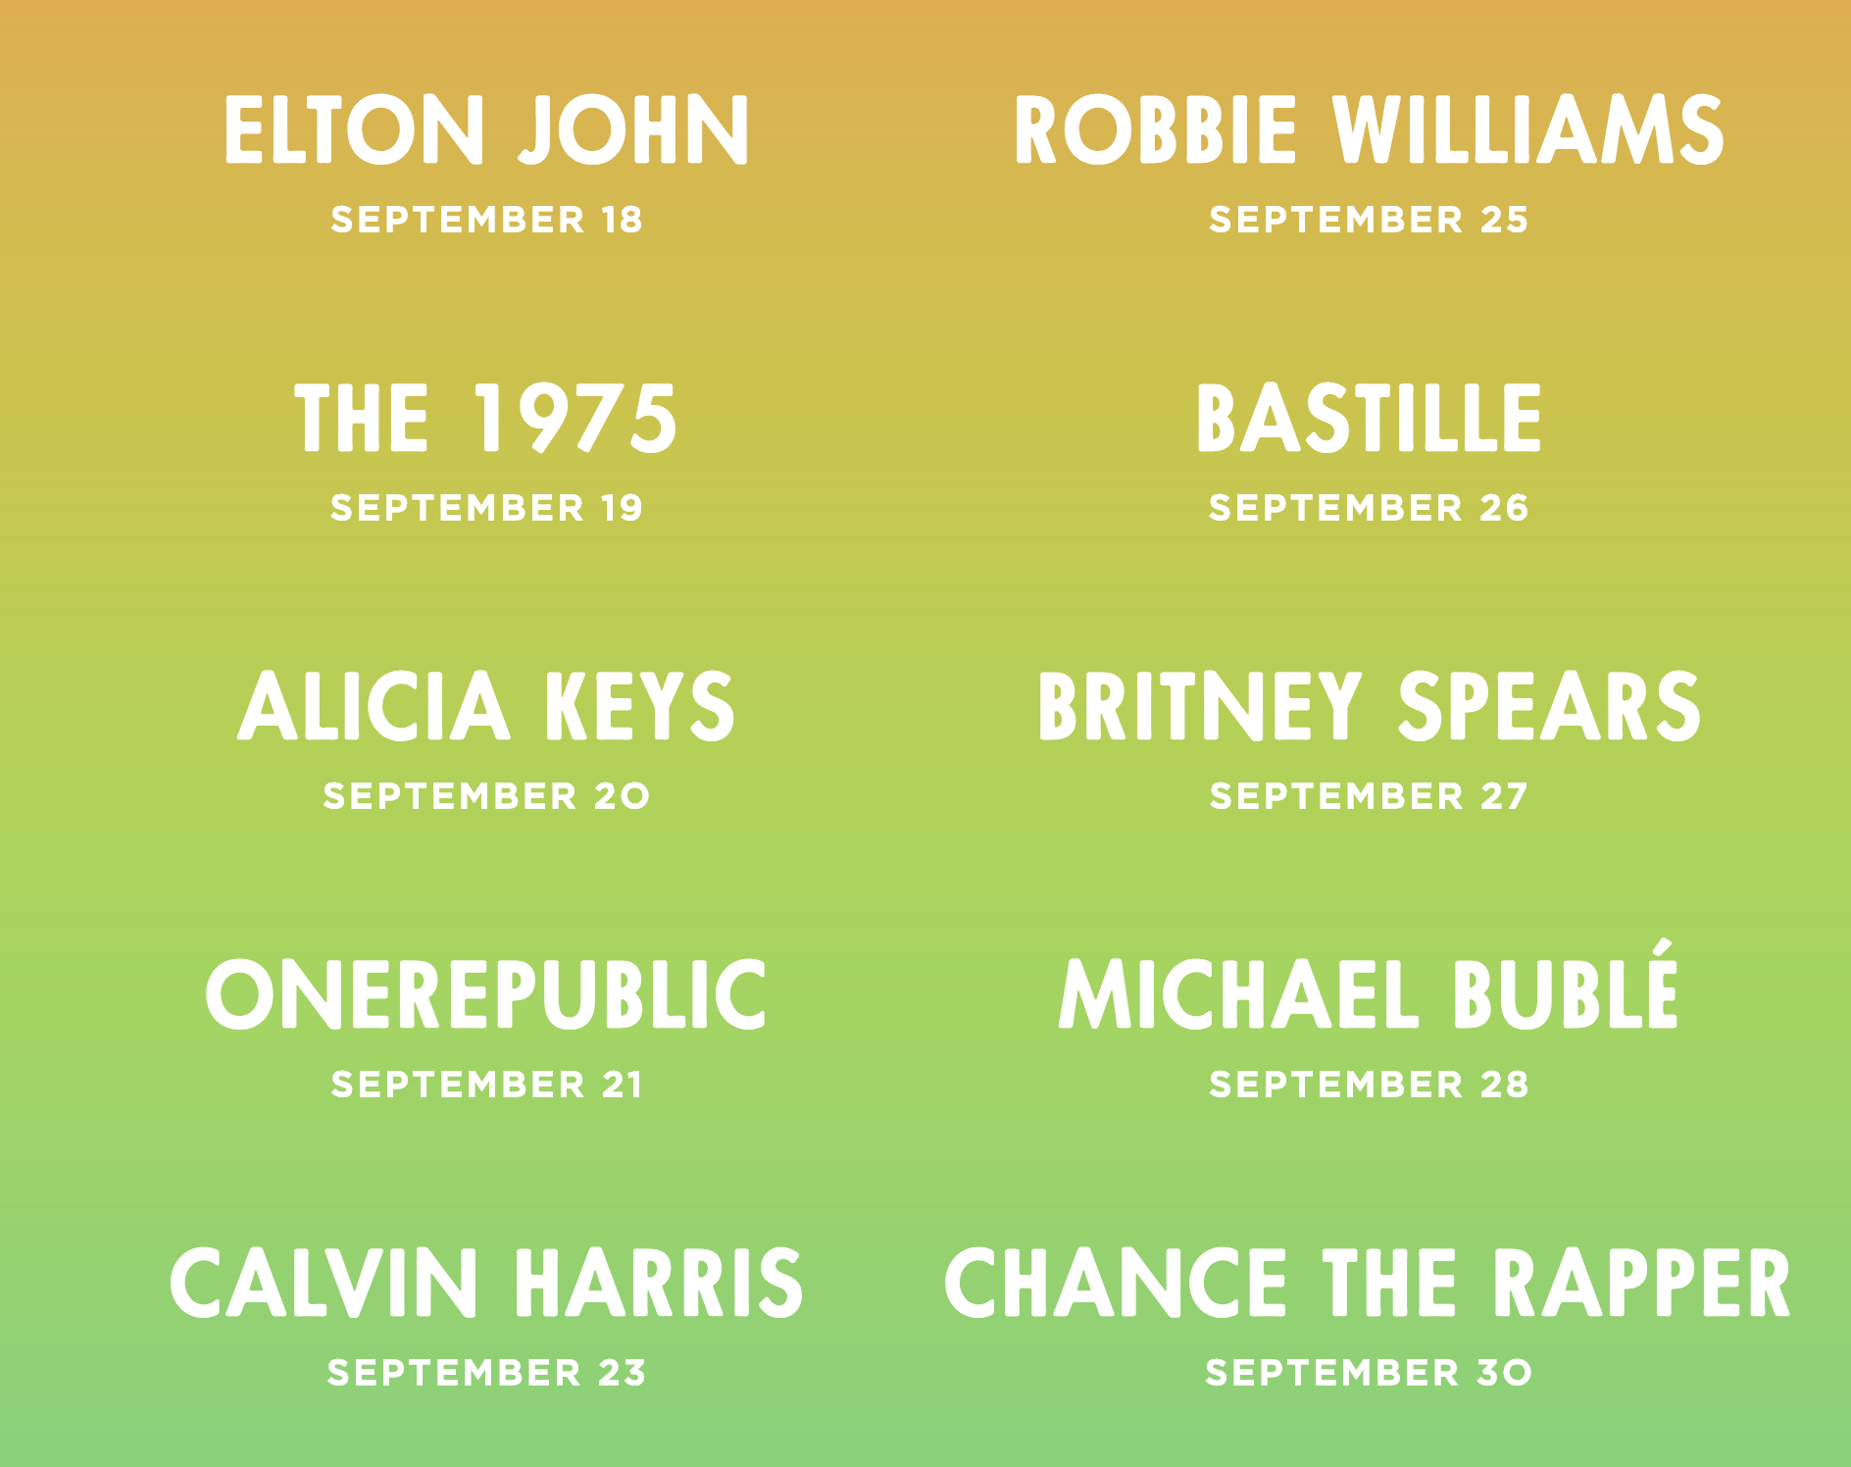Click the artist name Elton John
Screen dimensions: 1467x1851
pos(486,129)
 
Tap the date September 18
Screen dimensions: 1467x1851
pos(486,220)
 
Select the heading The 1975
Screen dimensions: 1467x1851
pos(486,419)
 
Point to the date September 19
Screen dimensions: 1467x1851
pos(486,508)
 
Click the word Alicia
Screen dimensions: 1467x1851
pos(374,706)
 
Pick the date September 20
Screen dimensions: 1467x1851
pos(486,796)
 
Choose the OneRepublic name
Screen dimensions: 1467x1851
pos(486,994)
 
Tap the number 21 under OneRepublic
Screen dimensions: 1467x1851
pos(623,1085)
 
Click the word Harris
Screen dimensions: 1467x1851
pos(659,1283)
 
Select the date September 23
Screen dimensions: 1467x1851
pos(486,1373)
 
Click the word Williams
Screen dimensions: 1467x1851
pos(1526,129)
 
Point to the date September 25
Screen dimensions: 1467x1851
pos(1369,220)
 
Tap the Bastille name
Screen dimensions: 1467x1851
pos(1369,419)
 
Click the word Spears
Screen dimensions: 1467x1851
pos(1548,706)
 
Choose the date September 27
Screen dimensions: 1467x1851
pos(1369,796)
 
